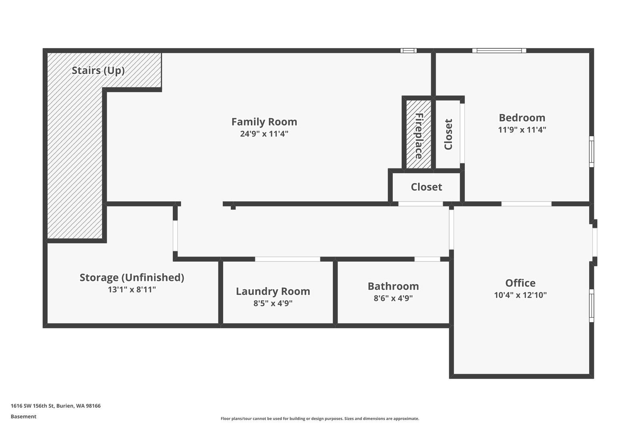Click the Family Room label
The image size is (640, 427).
click(x=264, y=122)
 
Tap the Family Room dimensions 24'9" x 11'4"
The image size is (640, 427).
click(x=264, y=134)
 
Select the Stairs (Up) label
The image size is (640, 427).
click(x=98, y=70)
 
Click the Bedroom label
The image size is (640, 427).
click(x=522, y=118)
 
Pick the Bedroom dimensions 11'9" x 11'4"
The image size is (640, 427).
click(x=522, y=130)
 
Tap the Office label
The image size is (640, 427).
click(x=520, y=283)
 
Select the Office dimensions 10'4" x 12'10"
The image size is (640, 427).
click(x=520, y=295)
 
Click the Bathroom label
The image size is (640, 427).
click(x=393, y=286)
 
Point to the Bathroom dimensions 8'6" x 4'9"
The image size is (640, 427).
click(x=393, y=298)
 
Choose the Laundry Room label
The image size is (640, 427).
click(x=273, y=291)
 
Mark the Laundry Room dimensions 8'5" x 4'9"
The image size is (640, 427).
click(x=273, y=303)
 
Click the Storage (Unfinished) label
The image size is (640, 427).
click(x=132, y=277)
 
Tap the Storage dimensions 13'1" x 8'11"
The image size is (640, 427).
click(x=132, y=289)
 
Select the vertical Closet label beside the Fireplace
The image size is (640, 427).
click(x=448, y=134)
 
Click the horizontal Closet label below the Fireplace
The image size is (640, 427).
click(x=426, y=187)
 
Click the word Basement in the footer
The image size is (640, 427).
click(x=23, y=417)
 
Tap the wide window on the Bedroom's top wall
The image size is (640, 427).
click(x=499, y=50)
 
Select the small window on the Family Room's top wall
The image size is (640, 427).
click(x=408, y=50)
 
